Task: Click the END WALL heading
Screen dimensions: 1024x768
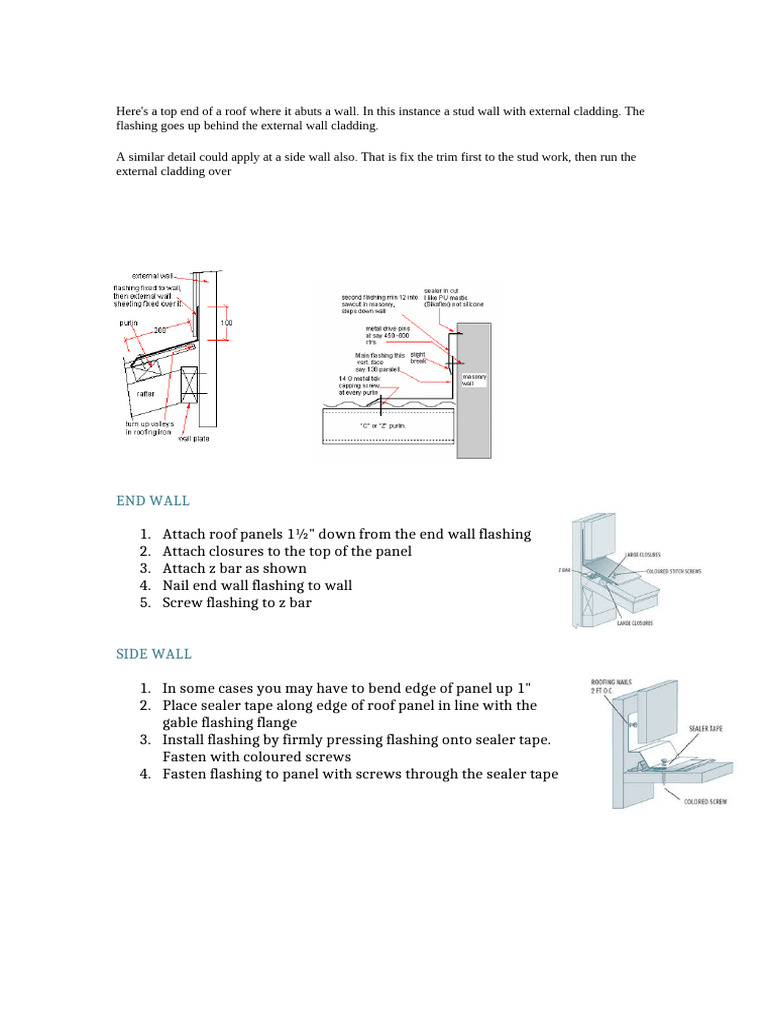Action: click(x=152, y=500)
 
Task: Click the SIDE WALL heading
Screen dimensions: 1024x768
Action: click(x=153, y=654)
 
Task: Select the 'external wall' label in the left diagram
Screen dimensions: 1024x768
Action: click(x=152, y=274)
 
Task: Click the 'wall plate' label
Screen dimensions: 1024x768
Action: click(x=194, y=438)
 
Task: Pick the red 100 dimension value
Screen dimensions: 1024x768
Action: click(x=226, y=323)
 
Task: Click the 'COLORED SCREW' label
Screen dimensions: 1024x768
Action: click(x=705, y=801)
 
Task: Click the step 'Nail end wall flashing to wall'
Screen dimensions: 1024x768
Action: click(x=257, y=585)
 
